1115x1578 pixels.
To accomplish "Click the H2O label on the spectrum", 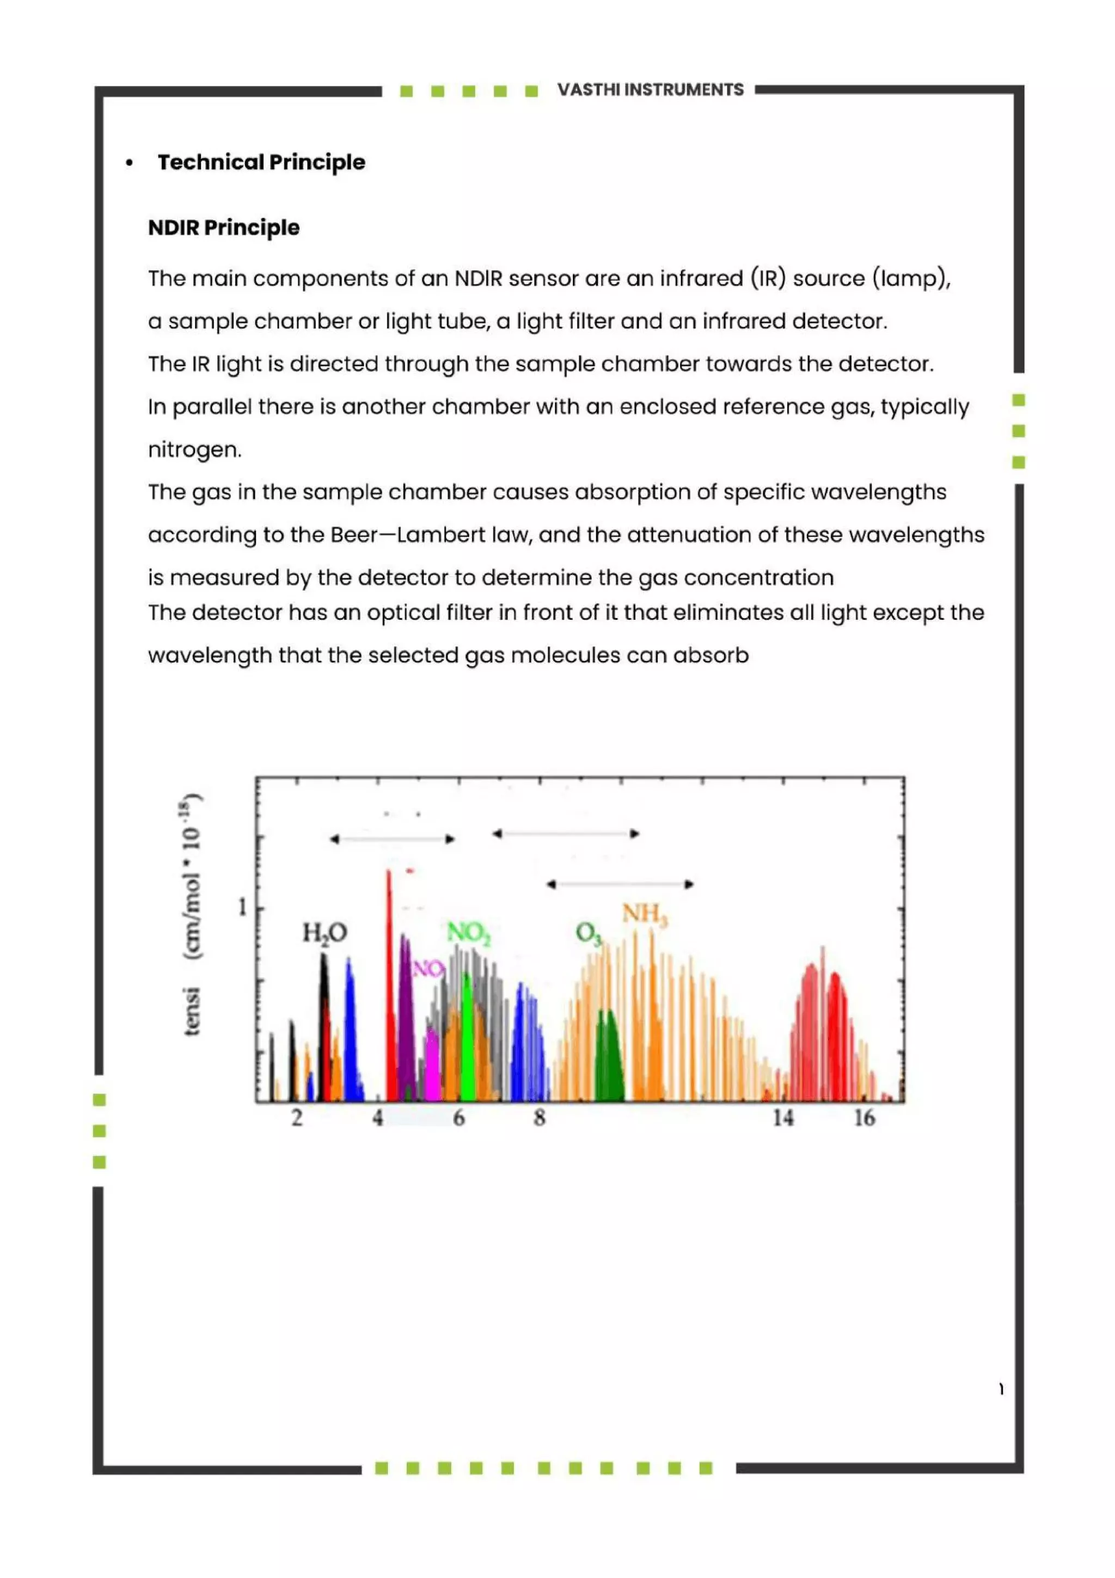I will (x=325, y=933).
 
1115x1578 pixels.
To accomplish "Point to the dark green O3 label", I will (x=588, y=933).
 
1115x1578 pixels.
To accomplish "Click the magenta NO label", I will (x=428, y=969).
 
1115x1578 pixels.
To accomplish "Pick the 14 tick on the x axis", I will (x=782, y=1118).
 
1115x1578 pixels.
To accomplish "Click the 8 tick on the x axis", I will (x=540, y=1118).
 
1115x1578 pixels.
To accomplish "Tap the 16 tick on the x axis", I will (x=864, y=1118).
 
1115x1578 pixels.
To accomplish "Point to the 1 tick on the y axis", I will (x=242, y=908).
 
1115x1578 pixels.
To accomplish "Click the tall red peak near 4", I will (x=389, y=962).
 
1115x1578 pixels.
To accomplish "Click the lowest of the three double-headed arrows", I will (x=620, y=884).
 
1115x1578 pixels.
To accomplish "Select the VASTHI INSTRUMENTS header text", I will (x=650, y=90).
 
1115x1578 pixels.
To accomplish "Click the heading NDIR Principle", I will (x=224, y=228).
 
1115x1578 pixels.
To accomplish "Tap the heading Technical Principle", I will (x=261, y=162).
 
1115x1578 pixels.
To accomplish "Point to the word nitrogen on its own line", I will (x=194, y=449).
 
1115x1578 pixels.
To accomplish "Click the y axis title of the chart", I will (x=192, y=914).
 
